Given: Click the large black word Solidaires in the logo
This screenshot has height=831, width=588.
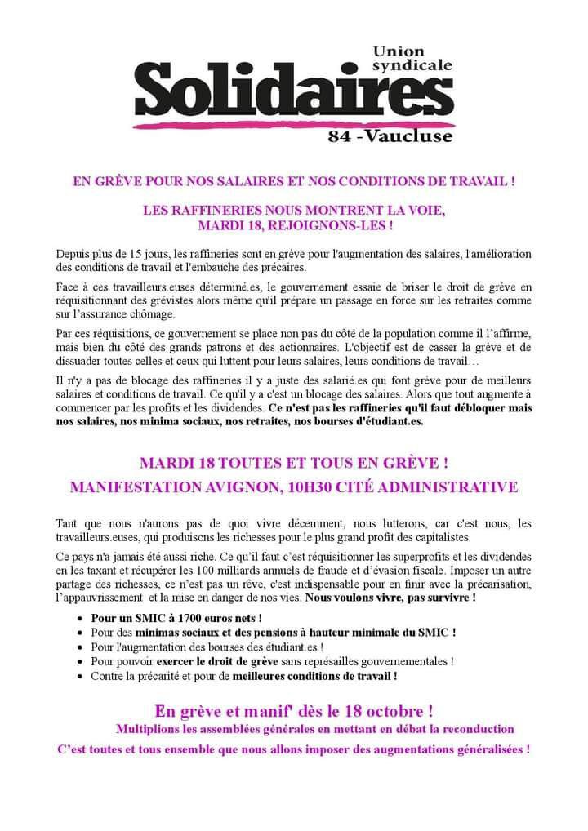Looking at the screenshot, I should click(x=290, y=93).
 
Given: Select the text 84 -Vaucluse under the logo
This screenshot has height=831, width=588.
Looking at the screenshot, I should click(x=390, y=136).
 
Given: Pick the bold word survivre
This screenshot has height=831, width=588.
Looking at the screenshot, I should click(x=448, y=598).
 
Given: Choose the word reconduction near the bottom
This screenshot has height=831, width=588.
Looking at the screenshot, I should click(x=473, y=728).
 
